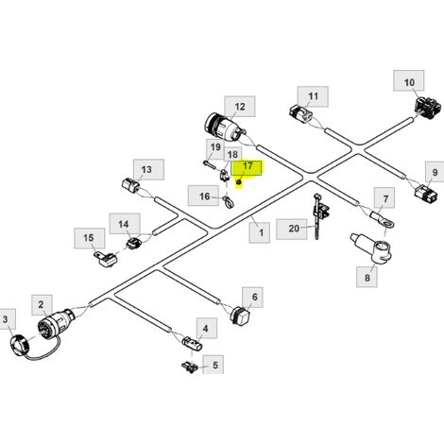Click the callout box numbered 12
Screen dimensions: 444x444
point(240,107)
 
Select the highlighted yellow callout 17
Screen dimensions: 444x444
point(247,168)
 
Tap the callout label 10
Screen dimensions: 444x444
point(409,81)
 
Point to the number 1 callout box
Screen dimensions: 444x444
point(260,232)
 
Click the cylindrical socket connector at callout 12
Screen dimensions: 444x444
point(225,128)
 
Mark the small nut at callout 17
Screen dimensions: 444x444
point(239,181)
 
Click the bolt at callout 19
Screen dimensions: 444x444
point(211,165)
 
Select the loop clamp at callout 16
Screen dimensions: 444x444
point(229,202)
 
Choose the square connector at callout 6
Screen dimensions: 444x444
point(241,314)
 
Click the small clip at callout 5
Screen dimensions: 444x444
point(190,367)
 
